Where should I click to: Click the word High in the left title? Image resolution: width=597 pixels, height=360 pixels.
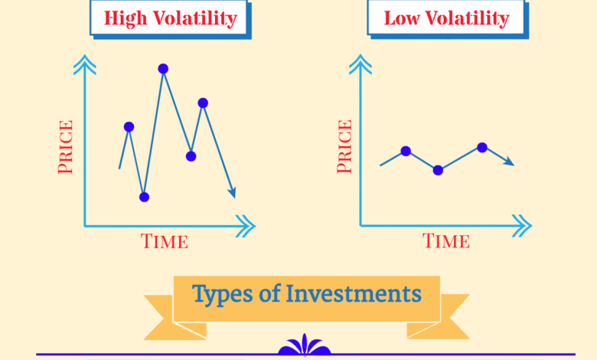[126, 18]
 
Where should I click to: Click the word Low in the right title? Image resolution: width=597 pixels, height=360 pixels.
[401, 18]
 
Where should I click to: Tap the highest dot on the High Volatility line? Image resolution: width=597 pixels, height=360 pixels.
[163, 69]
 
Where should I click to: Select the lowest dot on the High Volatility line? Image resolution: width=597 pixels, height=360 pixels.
[144, 197]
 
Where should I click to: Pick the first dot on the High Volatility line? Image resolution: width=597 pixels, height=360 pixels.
[129, 127]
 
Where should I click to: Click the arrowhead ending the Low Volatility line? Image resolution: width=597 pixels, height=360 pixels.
[509, 162]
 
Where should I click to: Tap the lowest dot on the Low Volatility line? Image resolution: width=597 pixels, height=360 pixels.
[438, 170]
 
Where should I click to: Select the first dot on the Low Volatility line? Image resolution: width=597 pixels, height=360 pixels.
[406, 151]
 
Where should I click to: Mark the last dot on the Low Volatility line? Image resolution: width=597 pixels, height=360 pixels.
[482, 147]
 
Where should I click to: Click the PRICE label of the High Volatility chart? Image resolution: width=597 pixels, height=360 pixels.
[65, 146]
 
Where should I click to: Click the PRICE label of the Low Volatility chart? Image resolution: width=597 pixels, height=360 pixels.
[344, 146]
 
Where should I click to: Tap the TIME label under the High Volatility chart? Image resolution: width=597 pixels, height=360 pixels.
[165, 241]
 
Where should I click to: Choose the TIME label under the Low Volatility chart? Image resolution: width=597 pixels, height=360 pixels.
[446, 241]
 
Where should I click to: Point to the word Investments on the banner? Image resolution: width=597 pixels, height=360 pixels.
[354, 293]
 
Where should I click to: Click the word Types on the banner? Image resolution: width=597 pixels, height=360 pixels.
[222, 294]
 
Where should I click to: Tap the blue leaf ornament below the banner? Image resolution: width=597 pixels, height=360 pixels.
[304, 345]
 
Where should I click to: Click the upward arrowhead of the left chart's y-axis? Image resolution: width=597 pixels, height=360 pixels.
[84, 64]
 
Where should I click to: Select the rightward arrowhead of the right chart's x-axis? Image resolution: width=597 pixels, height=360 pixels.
[522, 226]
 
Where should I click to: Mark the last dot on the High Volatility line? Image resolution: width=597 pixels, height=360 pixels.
[203, 103]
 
